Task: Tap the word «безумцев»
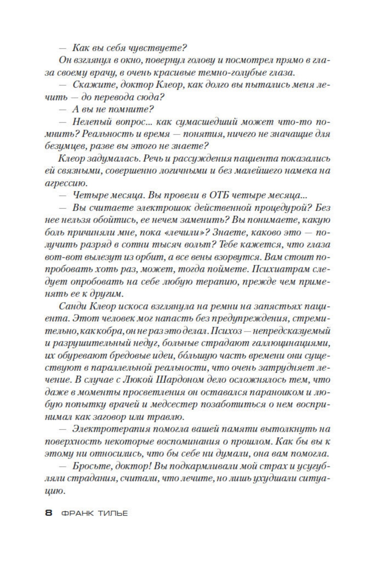(x=60, y=146)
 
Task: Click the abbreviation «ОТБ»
(x=222, y=195)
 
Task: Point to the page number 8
(x=49, y=513)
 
